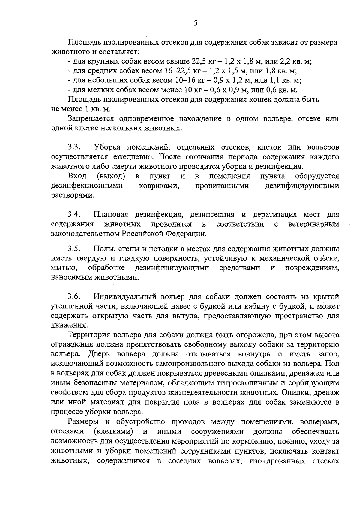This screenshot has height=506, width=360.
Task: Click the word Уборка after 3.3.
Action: click(x=107, y=147)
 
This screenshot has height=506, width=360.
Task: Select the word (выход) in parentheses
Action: click(x=111, y=176)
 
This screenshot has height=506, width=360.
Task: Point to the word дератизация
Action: click(x=275, y=215)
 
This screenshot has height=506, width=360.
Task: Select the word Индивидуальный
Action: click(x=125, y=297)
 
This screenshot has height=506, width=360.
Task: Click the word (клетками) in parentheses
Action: click(x=113, y=432)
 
